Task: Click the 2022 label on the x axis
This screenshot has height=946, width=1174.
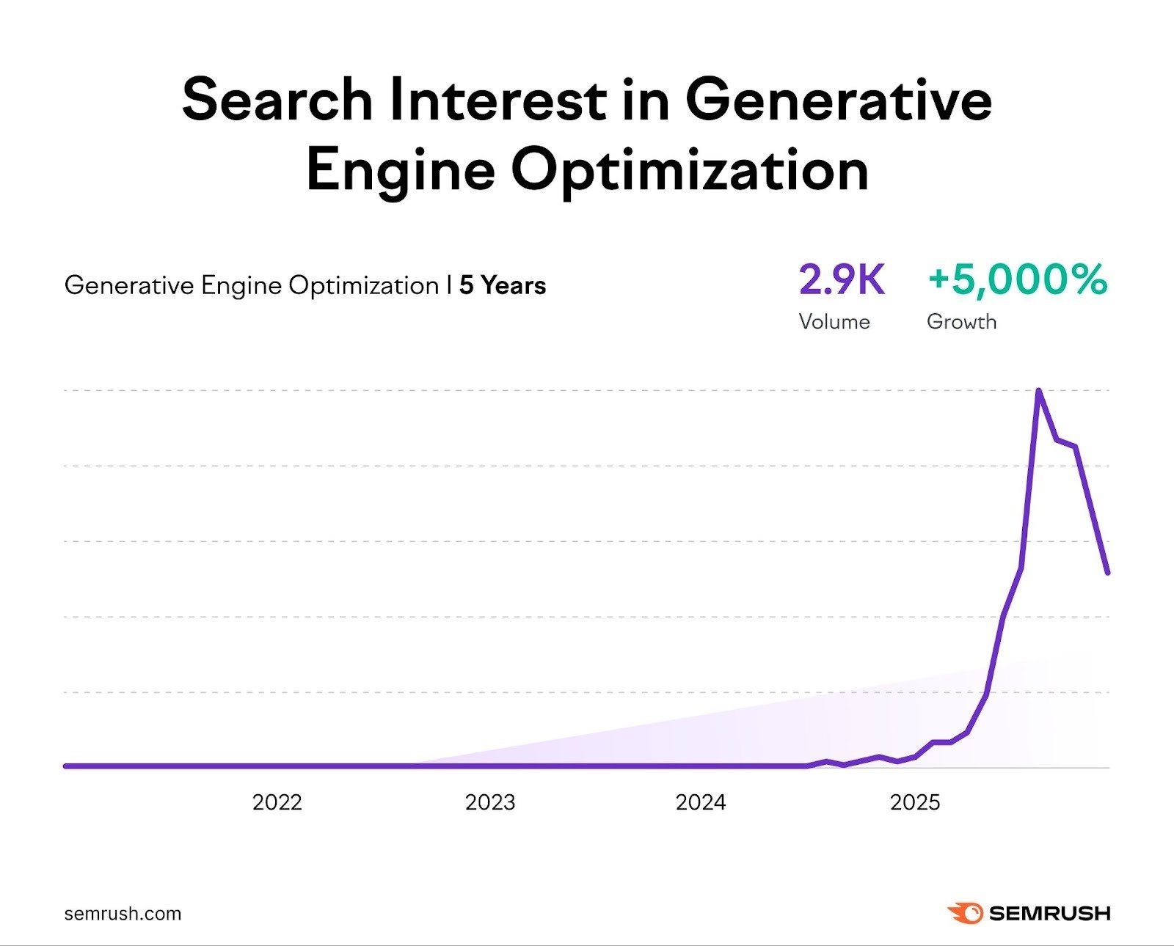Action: pyautogui.click(x=277, y=802)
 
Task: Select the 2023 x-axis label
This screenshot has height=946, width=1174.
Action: pyautogui.click(x=490, y=802)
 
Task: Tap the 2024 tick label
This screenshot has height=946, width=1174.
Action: pyautogui.click(x=701, y=802)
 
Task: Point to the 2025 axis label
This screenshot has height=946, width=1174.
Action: pyautogui.click(x=915, y=802)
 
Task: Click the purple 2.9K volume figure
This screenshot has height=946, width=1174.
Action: pyautogui.click(x=842, y=280)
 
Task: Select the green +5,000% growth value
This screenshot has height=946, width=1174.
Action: pyautogui.click(x=1017, y=280)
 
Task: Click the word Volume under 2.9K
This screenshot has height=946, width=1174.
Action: pyautogui.click(x=834, y=322)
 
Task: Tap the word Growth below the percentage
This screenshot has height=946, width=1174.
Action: pyautogui.click(x=961, y=322)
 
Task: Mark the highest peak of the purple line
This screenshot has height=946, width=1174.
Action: pyautogui.click(x=1038, y=391)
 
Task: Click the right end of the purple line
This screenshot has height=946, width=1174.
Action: pyautogui.click(x=1107, y=572)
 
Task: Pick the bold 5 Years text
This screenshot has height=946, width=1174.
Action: pyautogui.click(x=503, y=285)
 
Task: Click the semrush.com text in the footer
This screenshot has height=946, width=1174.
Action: pyautogui.click(x=123, y=914)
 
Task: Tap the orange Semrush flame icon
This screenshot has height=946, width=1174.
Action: pyautogui.click(x=965, y=913)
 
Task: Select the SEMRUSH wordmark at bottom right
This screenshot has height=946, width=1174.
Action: pyautogui.click(x=1049, y=914)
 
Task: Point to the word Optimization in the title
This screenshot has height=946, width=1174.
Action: pyautogui.click(x=690, y=170)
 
